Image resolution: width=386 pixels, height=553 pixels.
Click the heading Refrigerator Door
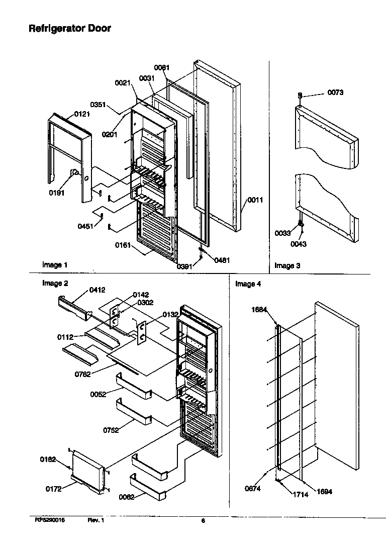[69, 29]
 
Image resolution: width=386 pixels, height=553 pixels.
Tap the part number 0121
[82, 114]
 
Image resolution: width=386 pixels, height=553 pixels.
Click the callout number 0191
[57, 192]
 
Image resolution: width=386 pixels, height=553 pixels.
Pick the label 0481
[222, 260]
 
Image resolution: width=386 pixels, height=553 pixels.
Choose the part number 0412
[97, 290]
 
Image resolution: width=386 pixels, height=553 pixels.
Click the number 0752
[111, 430]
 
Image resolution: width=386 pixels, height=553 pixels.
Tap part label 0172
[54, 488]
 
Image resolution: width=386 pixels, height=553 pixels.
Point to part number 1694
[324, 491]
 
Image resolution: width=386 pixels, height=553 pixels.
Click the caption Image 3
[287, 265]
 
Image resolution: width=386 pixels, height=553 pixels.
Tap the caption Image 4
[248, 284]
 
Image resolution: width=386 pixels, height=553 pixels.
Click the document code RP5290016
[50, 520]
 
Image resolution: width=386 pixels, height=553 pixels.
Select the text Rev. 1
[95, 520]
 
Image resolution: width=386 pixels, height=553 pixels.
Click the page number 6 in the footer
[203, 521]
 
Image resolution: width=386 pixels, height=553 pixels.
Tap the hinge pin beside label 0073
[300, 95]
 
